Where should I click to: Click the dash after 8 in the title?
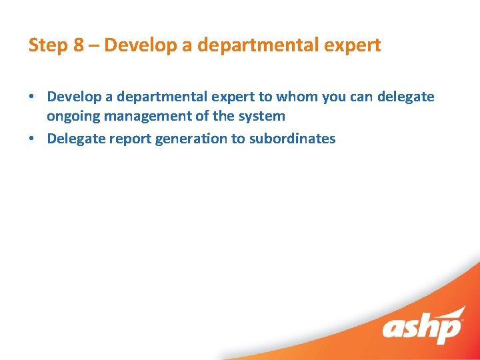[x=92, y=45]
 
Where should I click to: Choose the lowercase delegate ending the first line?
[x=405, y=97]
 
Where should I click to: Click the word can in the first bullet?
[x=361, y=97]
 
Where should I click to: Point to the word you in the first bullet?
[x=334, y=97]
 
